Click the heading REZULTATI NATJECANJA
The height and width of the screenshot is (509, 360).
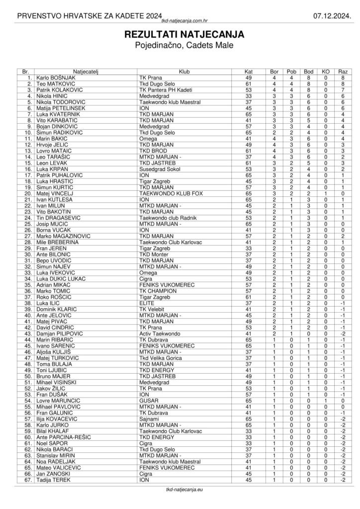[180, 35]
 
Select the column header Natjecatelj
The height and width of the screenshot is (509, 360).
[86, 72]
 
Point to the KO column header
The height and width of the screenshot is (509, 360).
[326, 72]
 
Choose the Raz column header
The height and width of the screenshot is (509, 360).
[343, 72]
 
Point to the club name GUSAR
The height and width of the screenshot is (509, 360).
[148, 400]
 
